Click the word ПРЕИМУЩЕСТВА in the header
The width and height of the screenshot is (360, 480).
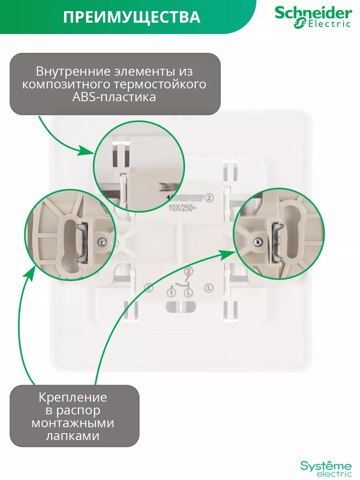pyautogui.click(x=132, y=17)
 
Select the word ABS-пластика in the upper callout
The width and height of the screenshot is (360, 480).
pyautogui.click(x=114, y=97)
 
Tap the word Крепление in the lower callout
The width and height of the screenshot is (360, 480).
pyautogui.click(x=73, y=397)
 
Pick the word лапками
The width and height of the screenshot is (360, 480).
pyautogui.click(x=73, y=436)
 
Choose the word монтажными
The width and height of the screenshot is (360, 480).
pyautogui.click(x=73, y=423)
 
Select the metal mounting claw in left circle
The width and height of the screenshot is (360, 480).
pyautogui.click(x=85, y=243)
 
